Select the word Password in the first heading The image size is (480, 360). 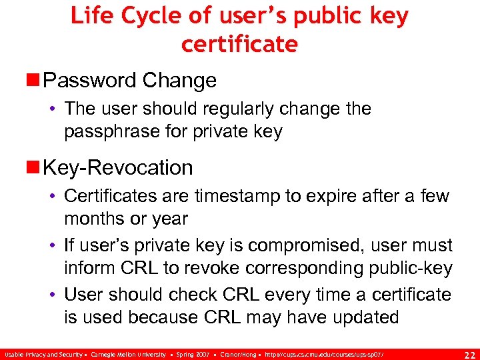pyautogui.click(x=89, y=81)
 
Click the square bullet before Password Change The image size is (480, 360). pyautogui.click(x=34, y=81)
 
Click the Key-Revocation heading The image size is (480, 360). pyautogui.click(x=117, y=167)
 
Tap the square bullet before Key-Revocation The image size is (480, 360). pyautogui.click(x=34, y=167)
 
